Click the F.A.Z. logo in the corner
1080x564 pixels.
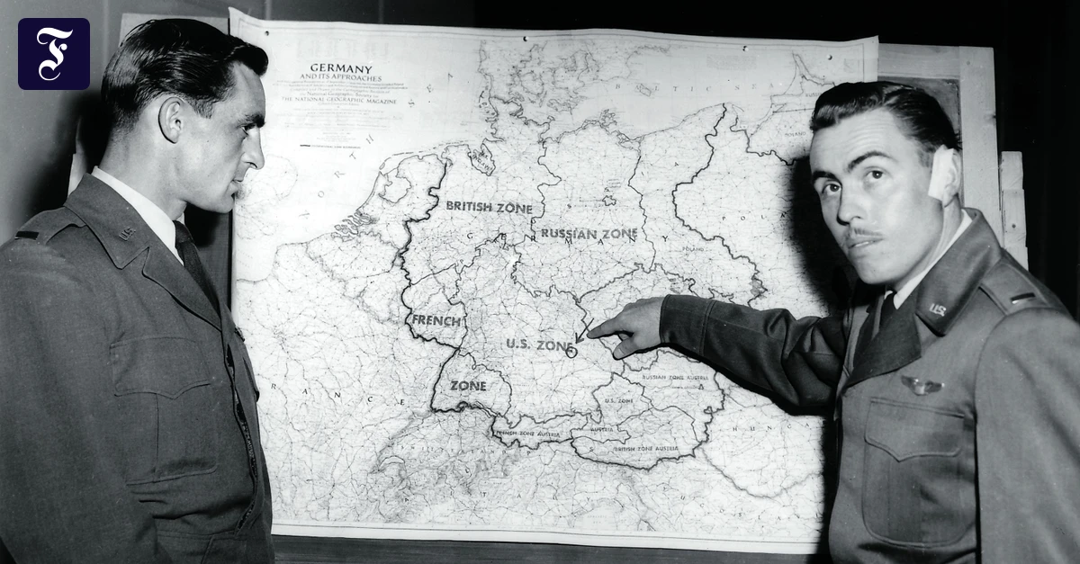point(54,54)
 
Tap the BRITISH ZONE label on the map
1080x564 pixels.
point(489,207)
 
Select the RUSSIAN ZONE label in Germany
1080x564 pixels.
point(589,234)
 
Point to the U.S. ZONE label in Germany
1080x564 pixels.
point(538,345)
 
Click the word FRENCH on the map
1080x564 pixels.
point(436,320)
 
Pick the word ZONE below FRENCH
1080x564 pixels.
point(468,386)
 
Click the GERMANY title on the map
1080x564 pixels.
point(341,67)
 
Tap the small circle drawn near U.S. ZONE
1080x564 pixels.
point(571,352)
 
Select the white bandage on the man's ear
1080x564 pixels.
point(943,174)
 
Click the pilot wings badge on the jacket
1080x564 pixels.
point(921,385)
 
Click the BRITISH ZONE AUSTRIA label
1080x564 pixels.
point(645,447)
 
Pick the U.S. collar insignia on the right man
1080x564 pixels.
point(938,309)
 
